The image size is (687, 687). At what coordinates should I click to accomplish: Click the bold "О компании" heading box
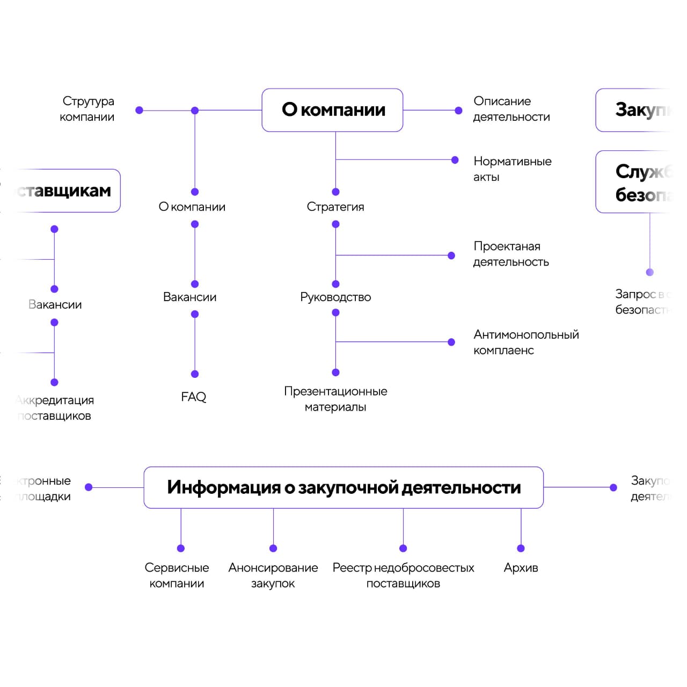tap(332, 110)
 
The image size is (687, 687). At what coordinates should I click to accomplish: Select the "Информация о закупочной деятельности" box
tap(343, 487)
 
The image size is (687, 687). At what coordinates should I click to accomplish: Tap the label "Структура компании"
tap(87, 109)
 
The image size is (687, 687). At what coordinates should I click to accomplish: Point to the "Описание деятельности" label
tap(511, 109)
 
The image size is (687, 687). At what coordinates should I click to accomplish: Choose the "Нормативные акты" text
tap(512, 169)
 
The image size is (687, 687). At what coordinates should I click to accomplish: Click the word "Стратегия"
tap(335, 207)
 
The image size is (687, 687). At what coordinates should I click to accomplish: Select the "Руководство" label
tap(335, 297)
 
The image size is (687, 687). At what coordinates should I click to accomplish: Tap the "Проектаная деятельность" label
tap(510, 254)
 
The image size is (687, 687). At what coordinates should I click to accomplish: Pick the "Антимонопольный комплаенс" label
tap(525, 342)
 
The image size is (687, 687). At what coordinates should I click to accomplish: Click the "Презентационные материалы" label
tap(335, 399)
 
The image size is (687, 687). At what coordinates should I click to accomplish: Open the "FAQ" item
tap(193, 397)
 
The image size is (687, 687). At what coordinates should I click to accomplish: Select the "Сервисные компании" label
tap(177, 575)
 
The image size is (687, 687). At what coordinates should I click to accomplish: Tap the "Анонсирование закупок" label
tap(273, 575)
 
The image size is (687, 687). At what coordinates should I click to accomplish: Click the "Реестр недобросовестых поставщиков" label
tap(403, 575)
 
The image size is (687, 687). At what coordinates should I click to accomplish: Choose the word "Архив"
tap(521, 568)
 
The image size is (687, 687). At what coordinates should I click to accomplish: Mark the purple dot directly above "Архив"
tap(521, 548)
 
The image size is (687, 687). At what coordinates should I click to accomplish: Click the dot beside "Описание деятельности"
tap(458, 111)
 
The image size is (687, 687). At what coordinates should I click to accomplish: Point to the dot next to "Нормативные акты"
tap(455, 160)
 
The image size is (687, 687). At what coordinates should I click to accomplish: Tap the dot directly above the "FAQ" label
tap(195, 374)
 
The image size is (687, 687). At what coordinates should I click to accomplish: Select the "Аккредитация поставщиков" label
tap(55, 408)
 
